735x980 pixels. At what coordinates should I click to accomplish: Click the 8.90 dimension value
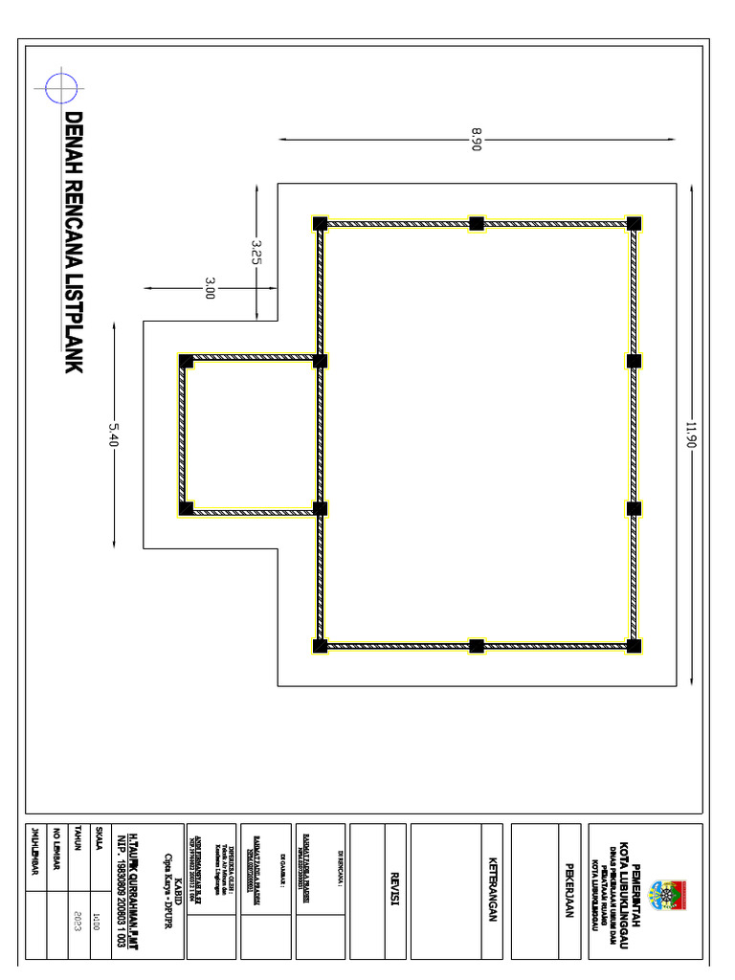(x=476, y=139)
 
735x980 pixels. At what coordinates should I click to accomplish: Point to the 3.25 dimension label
(x=256, y=252)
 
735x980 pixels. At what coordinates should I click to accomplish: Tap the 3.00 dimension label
(x=210, y=287)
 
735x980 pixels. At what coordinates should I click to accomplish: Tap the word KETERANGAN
(x=494, y=890)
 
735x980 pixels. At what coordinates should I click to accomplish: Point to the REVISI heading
(x=393, y=890)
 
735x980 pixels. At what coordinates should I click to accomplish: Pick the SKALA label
(x=99, y=842)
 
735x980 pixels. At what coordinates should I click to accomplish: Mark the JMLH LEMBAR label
(x=35, y=847)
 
